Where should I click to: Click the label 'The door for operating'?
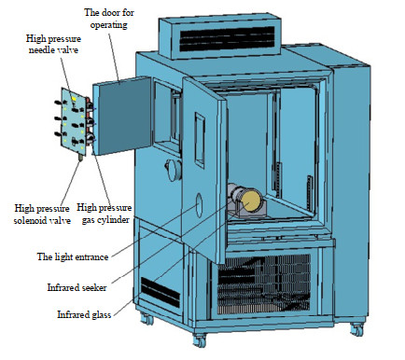(109, 19)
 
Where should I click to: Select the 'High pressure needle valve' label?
(53, 44)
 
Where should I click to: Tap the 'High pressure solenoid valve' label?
(42, 215)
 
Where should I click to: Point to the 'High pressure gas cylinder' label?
(105, 214)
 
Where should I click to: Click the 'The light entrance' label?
(73, 256)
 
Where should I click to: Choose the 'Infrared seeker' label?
(77, 287)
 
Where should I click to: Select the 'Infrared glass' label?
(84, 314)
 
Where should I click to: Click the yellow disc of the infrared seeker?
(251, 201)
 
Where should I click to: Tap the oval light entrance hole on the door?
(199, 205)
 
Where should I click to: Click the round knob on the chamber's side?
(174, 170)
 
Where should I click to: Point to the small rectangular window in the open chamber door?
(200, 140)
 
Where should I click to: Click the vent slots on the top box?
(227, 39)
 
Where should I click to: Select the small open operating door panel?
(122, 116)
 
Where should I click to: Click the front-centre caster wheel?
(200, 340)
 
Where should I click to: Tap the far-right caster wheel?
(356, 329)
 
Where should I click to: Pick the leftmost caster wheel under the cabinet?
(147, 318)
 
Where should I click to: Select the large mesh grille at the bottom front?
(264, 284)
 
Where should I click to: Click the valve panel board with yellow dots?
(74, 121)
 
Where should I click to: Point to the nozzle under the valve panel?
(81, 158)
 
